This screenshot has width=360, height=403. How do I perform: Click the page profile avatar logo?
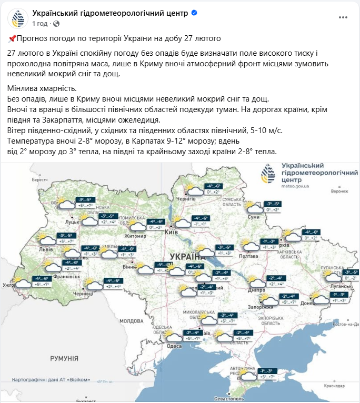tap(18, 17)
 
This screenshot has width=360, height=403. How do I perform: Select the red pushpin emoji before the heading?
tap(12, 38)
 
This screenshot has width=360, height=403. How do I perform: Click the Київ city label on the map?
tap(171, 232)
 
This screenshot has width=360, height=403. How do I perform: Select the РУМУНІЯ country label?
tap(64, 358)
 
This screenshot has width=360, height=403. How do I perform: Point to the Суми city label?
tap(254, 217)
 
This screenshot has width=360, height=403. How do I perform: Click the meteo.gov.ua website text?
tap(296, 186)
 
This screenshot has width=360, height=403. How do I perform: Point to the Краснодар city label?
tap(336, 387)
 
